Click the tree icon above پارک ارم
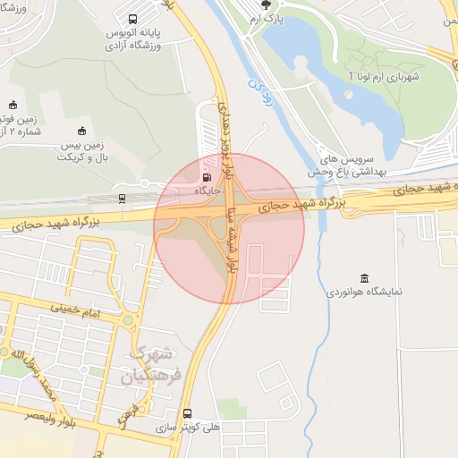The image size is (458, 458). pyautogui.click(x=264, y=6)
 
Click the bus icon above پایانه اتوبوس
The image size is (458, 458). pyautogui.click(x=133, y=19)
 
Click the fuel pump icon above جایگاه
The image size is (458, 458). pyautogui.click(x=208, y=175)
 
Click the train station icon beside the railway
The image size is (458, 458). pyautogui.click(x=122, y=198)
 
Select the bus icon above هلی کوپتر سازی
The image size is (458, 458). pyautogui.click(x=187, y=414)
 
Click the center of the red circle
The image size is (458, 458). pyautogui.click(x=229, y=228)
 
